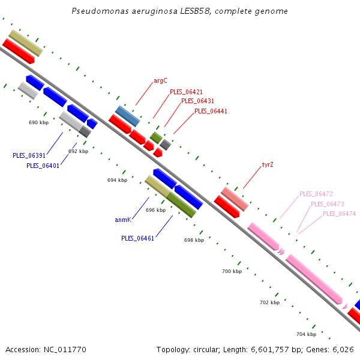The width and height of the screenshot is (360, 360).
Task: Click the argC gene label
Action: click(160, 80)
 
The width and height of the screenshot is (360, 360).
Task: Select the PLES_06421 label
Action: click(186, 92)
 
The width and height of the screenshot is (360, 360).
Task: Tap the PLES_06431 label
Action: click(197, 101)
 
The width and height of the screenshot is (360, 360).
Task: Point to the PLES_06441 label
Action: click(211, 111)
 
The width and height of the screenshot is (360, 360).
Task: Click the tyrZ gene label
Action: click(268, 164)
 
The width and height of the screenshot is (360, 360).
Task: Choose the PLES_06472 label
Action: click(316, 194)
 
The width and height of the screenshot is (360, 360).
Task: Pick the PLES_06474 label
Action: click(339, 214)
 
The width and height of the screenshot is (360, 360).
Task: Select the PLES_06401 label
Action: click(43, 166)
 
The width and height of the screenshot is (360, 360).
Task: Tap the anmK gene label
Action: click(123, 220)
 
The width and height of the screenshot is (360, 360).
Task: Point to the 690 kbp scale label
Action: click(38, 122)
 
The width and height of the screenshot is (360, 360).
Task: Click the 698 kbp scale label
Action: click(194, 240)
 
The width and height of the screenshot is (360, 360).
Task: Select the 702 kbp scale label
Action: click(269, 302)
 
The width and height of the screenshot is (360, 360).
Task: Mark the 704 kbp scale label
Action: click(306, 334)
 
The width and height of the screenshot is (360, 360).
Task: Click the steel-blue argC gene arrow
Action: click(127, 115)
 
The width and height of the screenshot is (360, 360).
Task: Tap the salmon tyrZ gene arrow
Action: click(235, 199)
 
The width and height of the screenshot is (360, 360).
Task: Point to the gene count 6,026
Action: click(343, 349)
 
